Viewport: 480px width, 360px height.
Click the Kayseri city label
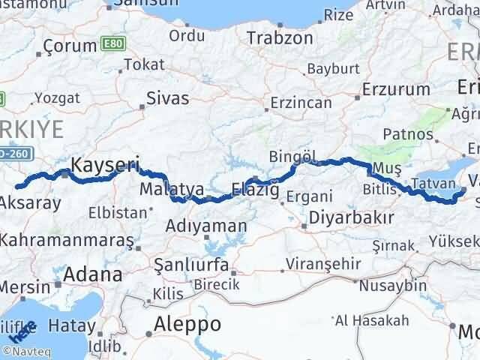pyautogui.click(x=105, y=163)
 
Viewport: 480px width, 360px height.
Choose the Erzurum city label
pyautogui.click(x=395, y=89)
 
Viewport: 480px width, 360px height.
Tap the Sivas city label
pyautogui.click(x=168, y=97)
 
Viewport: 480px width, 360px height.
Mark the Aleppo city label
pyautogui.click(x=187, y=325)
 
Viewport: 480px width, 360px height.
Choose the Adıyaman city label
pyautogui.click(x=206, y=226)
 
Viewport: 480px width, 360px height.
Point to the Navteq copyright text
pyautogui.click(x=26, y=351)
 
